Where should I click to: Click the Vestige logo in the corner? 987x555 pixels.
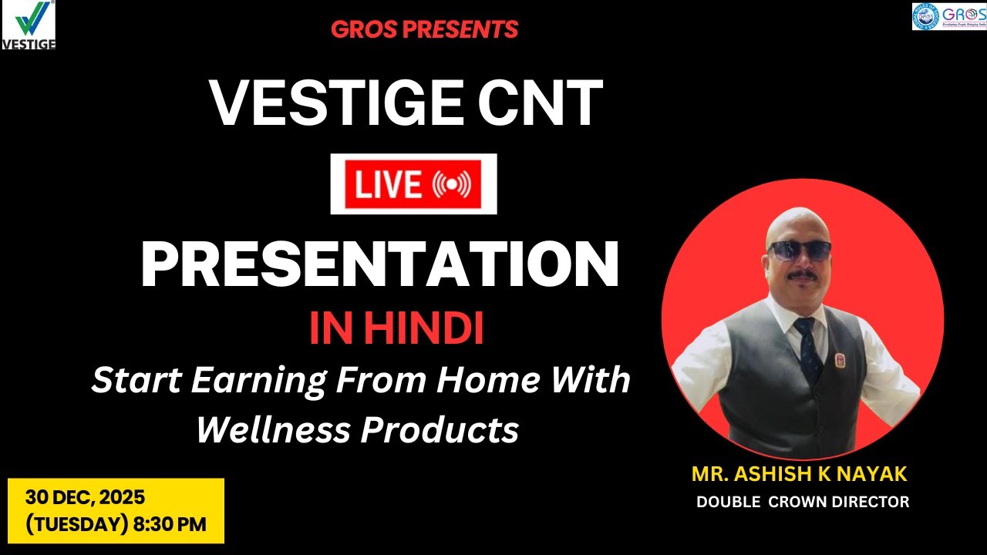pos(29,25)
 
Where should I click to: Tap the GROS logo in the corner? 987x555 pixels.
pos(948,16)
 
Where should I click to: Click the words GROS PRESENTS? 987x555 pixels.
pos(425,30)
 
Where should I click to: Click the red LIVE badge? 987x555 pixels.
pos(413,184)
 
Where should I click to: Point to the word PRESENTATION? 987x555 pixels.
pos(379,264)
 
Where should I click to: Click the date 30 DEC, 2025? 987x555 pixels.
pos(85,496)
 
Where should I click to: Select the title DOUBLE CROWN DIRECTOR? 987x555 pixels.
pos(803,502)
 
